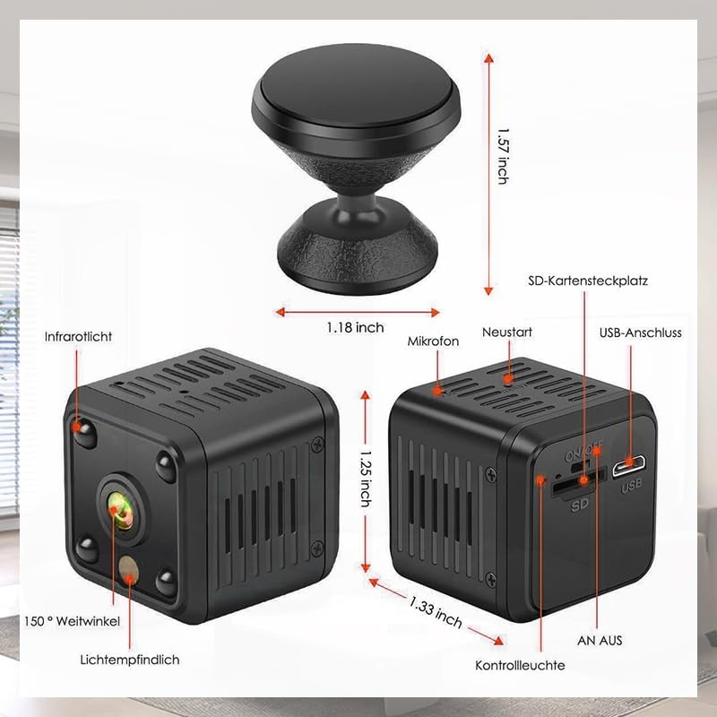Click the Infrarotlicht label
click(x=79, y=337)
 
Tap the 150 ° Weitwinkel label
click(x=71, y=620)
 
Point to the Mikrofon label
click(x=433, y=341)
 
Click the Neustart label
click(x=507, y=333)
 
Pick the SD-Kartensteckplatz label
click(x=587, y=281)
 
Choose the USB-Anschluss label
click(x=640, y=333)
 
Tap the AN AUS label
click(x=600, y=641)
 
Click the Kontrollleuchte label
click(x=520, y=666)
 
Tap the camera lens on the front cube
click(x=118, y=506)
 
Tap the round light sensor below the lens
click(x=130, y=565)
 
